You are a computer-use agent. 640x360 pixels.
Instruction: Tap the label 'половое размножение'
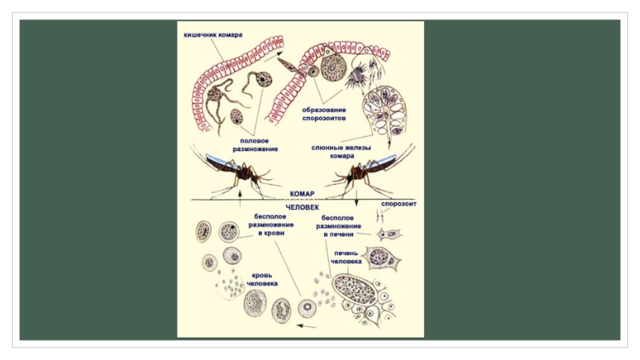(255, 144)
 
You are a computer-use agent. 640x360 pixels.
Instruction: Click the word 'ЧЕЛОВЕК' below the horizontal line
(302, 206)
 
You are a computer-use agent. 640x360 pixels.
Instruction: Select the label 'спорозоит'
(398, 203)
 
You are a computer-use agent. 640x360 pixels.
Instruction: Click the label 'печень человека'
(346, 257)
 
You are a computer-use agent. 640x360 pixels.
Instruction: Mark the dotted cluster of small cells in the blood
(233, 285)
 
